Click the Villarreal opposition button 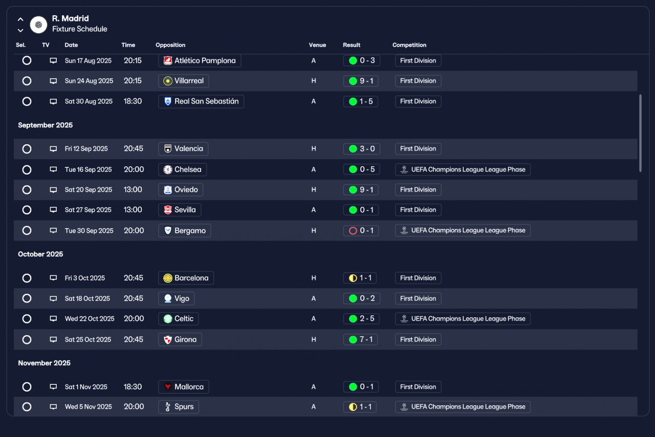click(x=184, y=81)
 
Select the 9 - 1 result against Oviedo click(x=361, y=189)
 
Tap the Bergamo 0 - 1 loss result click(x=361, y=230)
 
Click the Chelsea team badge click(x=167, y=170)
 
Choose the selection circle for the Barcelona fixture click(x=27, y=278)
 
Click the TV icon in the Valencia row click(x=53, y=149)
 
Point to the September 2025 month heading click(x=46, y=125)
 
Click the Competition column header click(x=409, y=45)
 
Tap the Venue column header click(x=317, y=45)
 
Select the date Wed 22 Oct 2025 click(x=90, y=318)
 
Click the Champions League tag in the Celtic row click(x=463, y=318)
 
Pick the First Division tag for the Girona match click(x=418, y=340)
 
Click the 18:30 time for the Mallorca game click(x=133, y=387)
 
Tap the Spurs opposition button click(x=179, y=407)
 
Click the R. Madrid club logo click(x=38, y=25)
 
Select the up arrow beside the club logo click(x=20, y=19)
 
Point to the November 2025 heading click(x=44, y=363)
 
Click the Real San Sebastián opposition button click(x=201, y=101)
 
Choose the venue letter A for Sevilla click(x=314, y=210)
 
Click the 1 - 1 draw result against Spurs click(x=360, y=407)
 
